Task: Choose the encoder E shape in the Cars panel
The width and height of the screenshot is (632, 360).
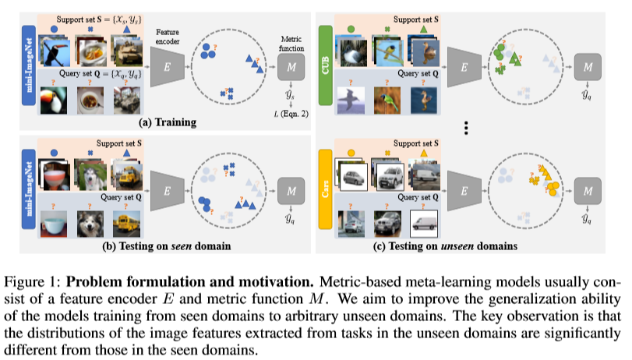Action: click(x=464, y=189)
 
